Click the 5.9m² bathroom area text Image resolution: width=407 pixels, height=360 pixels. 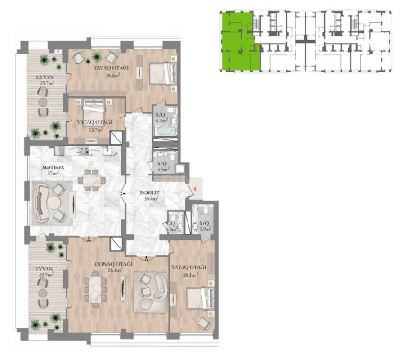(205, 227)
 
